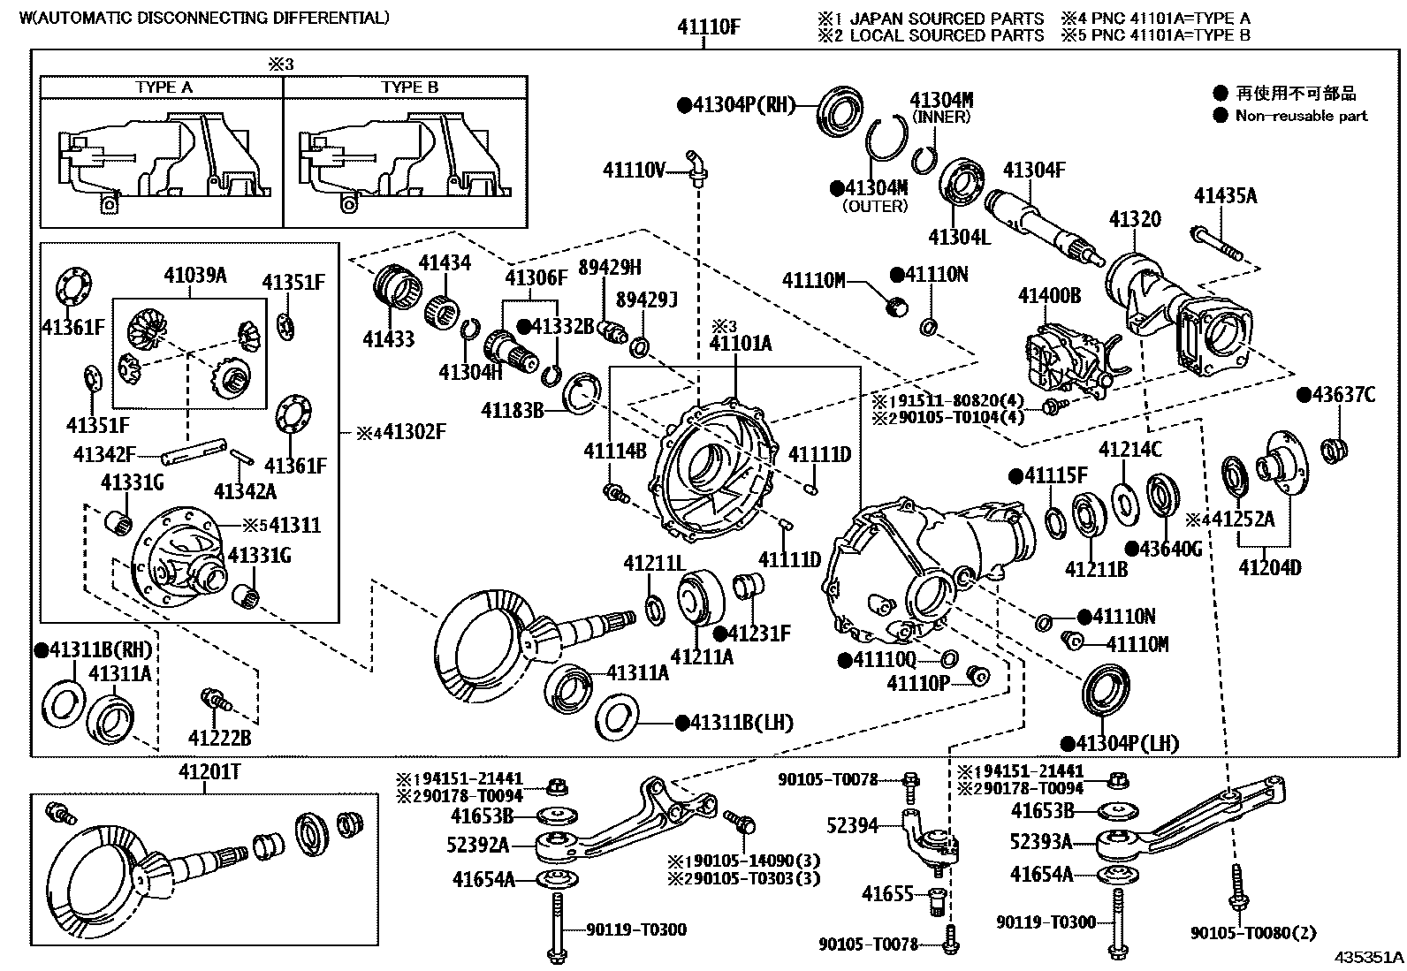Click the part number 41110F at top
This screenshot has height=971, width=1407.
(708, 27)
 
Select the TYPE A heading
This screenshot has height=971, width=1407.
(164, 87)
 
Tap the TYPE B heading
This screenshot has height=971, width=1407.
(409, 87)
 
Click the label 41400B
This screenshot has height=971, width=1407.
(1049, 295)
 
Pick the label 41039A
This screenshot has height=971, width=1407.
(194, 275)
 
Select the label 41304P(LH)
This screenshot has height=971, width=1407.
(1127, 743)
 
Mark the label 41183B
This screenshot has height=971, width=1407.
(512, 410)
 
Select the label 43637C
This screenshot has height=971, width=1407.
(1342, 395)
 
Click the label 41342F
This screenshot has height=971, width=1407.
(104, 455)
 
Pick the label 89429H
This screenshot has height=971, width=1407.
(610, 268)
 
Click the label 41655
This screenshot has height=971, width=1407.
(886, 895)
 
